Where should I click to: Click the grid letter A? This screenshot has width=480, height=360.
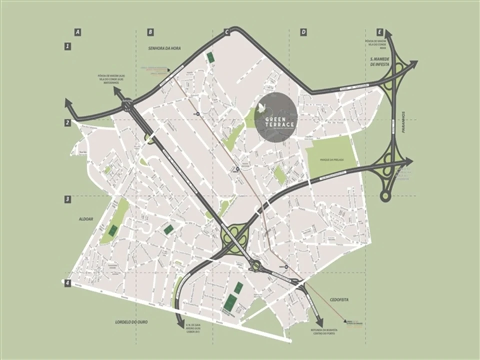[x=77, y=32]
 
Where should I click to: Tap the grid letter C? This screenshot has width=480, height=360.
[x=226, y=32]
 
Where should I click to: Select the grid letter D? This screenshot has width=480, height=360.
[x=303, y=32]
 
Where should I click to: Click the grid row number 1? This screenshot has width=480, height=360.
[x=67, y=46]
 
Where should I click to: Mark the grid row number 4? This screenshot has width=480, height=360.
[x=67, y=283]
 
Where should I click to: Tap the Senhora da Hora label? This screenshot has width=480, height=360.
[x=163, y=48]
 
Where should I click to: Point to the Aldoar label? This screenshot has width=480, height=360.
[x=86, y=218]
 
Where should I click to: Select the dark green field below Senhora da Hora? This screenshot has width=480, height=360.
[x=210, y=58]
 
